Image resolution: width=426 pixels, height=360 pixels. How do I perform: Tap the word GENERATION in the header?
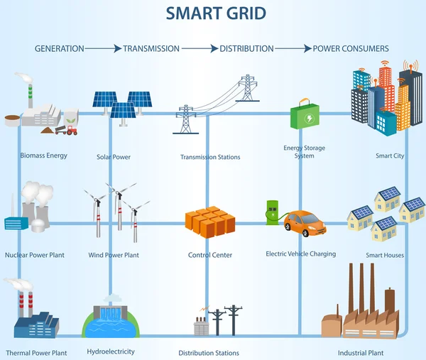click(60, 49)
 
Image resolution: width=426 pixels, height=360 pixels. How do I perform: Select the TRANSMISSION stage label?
click(151, 49)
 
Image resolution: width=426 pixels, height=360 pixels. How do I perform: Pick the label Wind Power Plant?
click(114, 254)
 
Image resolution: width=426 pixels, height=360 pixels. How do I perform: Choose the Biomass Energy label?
click(44, 156)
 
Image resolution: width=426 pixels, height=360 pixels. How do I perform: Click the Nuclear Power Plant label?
click(35, 254)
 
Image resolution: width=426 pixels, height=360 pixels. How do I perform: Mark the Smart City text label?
click(390, 156)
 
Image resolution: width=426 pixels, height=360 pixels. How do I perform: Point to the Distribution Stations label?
click(209, 353)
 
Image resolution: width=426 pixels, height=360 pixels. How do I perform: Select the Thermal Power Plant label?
click(37, 353)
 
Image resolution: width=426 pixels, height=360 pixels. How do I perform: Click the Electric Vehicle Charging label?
click(301, 253)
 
